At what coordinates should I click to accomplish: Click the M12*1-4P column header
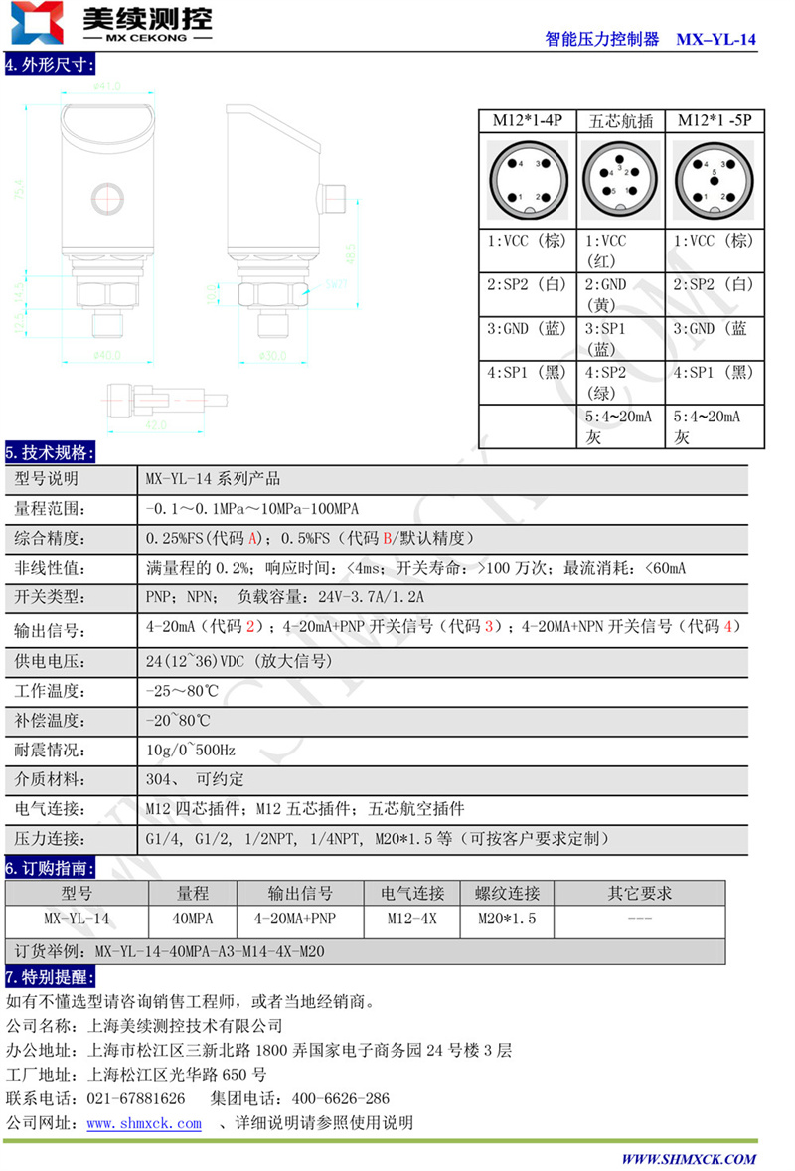[528, 120]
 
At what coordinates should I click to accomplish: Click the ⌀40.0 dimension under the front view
[105, 355]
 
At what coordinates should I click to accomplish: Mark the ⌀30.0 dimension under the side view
[274, 355]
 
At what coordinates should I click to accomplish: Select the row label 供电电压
[51, 662]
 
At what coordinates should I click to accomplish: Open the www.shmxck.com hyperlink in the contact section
[144, 1123]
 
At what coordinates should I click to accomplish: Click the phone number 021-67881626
[137, 1098]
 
